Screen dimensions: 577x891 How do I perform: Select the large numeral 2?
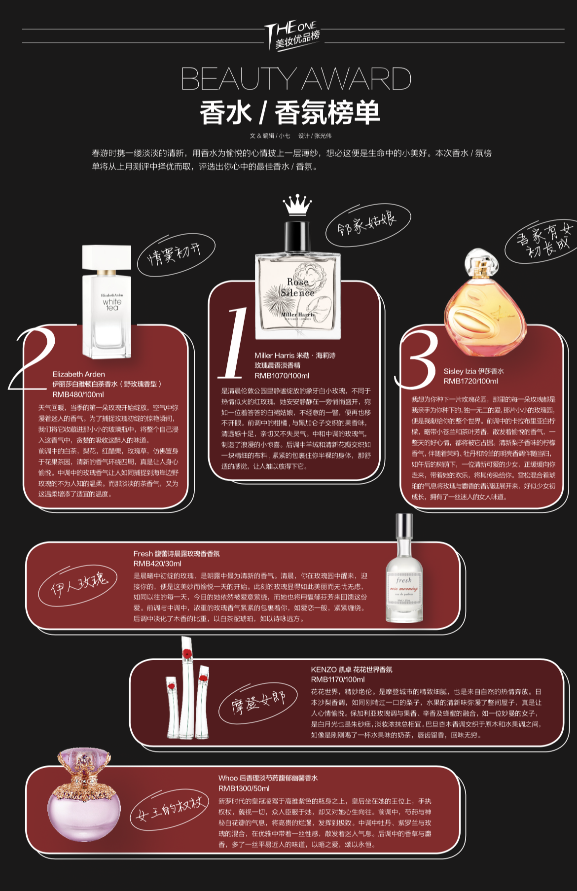coord(33,357)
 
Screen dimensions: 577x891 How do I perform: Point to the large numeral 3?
coord(417,358)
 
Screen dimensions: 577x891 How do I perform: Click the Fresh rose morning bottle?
coord(404,568)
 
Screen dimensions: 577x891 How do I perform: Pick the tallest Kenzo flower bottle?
coord(187,687)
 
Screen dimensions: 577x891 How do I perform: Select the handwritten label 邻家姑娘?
coord(367,224)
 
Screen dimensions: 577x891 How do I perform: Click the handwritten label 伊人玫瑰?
coord(78,585)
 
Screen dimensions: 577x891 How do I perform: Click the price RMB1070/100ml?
coord(282,376)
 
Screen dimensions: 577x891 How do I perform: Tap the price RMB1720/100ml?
coord(470,381)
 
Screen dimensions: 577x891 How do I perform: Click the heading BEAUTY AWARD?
coord(296,78)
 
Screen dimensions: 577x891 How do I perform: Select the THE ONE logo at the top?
coord(292,36)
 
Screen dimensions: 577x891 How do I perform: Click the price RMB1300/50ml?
coord(244,788)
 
